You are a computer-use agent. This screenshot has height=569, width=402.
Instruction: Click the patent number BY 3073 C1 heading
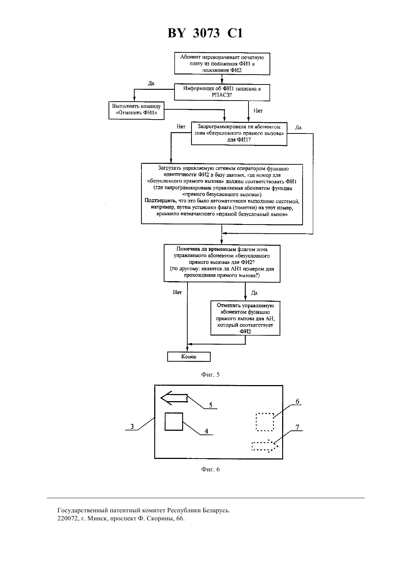(x=205, y=33)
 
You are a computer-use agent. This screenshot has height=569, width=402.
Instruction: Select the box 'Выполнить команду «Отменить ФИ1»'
(x=137, y=110)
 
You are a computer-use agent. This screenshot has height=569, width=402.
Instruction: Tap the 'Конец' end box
(x=189, y=357)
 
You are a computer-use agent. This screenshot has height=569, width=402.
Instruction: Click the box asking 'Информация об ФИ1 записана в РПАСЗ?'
(x=222, y=92)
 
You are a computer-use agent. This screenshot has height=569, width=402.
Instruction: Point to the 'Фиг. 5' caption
(x=211, y=374)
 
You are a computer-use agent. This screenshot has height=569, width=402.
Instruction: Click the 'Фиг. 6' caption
(x=211, y=469)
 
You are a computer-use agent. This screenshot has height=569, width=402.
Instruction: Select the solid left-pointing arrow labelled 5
(x=174, y=398)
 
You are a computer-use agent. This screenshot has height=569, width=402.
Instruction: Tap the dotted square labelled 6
(x=265, y=422)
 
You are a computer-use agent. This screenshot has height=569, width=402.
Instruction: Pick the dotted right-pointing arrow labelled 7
(x=265, y=446)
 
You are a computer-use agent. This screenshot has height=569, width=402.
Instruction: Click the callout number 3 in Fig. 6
(x=132, y=426)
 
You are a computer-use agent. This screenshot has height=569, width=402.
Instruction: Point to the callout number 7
(x=297, y=427)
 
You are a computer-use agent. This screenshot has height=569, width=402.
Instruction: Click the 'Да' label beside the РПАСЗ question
(x=151, y=83)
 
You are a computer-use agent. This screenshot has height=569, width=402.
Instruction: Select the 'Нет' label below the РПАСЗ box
(x=258, y=110)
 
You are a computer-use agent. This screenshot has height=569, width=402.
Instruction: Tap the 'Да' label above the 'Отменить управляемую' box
(x=254, y=293)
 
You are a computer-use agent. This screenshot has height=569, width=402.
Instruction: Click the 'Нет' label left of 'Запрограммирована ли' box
(x=181, y=127)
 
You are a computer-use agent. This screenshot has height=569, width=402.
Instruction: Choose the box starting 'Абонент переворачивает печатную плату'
(x=222, y=64)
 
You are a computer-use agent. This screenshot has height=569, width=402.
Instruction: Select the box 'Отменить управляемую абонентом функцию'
(x=245, y=318)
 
